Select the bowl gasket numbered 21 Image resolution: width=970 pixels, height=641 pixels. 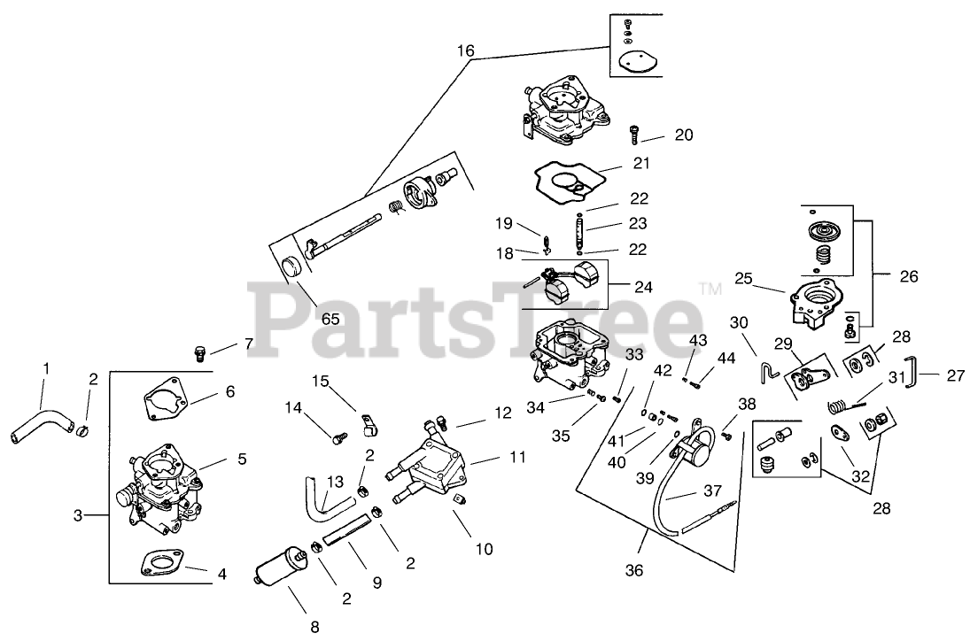click(566, 181)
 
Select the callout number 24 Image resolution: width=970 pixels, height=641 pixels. click(643, 287)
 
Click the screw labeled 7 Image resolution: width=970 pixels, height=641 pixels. click(201, 354)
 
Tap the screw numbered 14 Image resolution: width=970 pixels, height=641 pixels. click(339, 436)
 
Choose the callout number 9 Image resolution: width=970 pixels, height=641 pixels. click(376, 583)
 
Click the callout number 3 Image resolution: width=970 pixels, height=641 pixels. click(77, 514)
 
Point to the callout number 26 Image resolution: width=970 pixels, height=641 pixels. click(908, 275)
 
